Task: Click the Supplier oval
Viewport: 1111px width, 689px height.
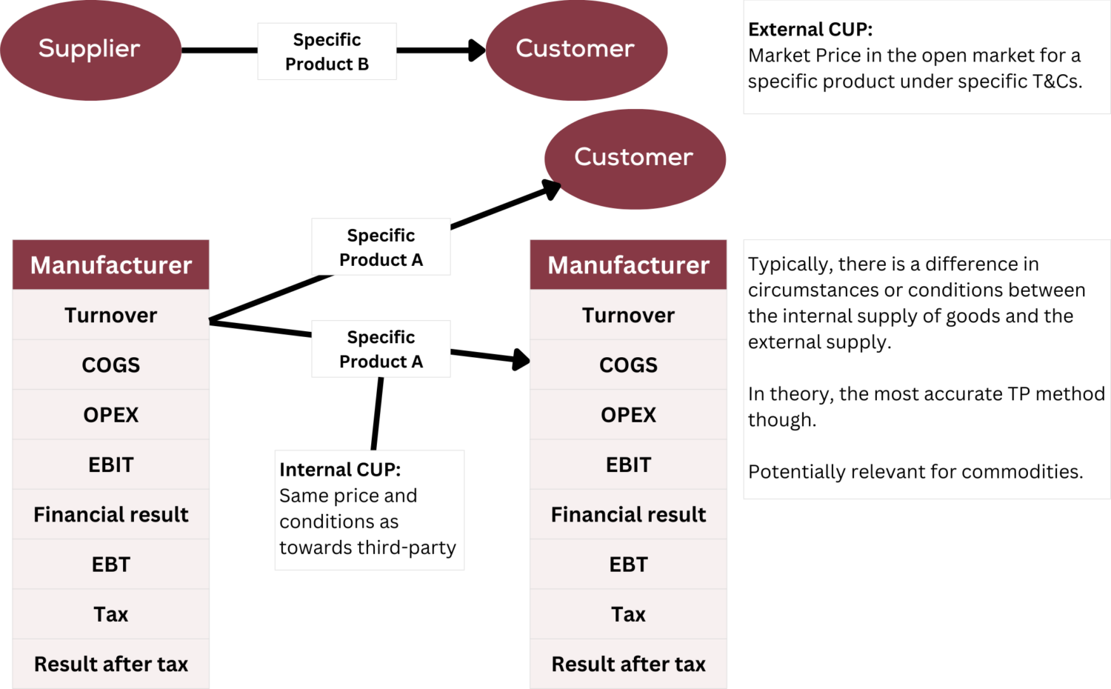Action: click(x=90, y=49)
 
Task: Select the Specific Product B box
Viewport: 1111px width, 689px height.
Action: click(x=327, y=52)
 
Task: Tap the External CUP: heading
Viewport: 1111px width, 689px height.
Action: click(x=810, y=30)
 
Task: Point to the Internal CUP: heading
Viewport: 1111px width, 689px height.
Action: click(x=340, y=470)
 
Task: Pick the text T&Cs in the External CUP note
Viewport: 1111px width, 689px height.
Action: click(x=1057, y=81)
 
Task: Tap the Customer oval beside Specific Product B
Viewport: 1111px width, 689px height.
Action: click(x=575, y=49)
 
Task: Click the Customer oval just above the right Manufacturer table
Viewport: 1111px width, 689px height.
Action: click(x=635, y=158)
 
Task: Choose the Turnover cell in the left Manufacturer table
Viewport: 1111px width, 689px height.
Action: click(x=111, y=316)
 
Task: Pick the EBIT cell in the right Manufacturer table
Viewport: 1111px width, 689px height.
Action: click(x=628, y=465)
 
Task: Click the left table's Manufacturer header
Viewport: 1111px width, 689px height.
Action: click(x=111, y=265)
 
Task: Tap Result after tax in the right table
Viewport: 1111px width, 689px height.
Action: click(x=628, y=665)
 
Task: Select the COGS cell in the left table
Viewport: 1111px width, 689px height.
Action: click(x=111, y=365)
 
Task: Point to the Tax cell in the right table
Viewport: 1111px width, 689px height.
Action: click(x=628, y=615)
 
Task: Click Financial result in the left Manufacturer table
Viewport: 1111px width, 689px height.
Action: click(x=111, y=515)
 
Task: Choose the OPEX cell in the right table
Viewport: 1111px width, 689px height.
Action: click(x=628, y=415)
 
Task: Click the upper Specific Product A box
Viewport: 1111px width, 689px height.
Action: click(x=381, y=247)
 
